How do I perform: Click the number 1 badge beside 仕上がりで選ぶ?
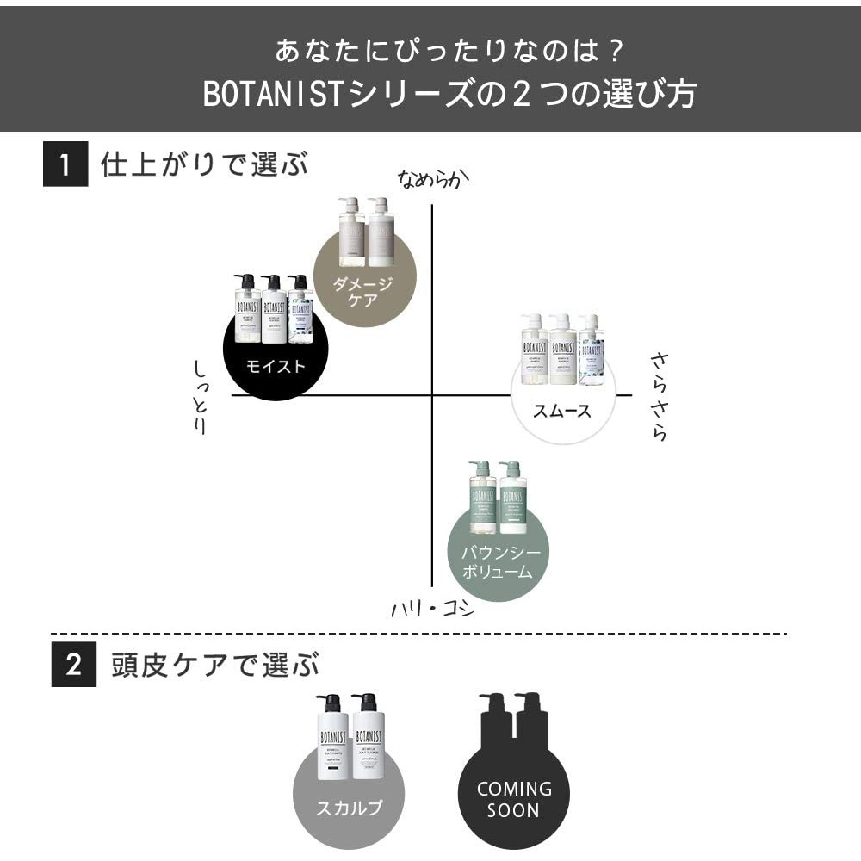coord(65,164)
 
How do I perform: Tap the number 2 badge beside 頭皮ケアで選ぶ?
coord(74,665)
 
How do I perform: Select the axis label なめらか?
coord(436,178)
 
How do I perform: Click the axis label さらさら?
coord(660,395)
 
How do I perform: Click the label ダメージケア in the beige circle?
coord(363,293)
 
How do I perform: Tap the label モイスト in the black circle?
coord(276,365)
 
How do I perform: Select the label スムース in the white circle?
coord(563,411)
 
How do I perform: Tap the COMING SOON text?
coord(514,799)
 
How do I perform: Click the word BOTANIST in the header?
coord(273,95)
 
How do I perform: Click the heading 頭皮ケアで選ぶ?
coord(215,665)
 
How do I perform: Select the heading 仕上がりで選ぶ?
coord(204,164)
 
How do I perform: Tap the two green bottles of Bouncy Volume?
coord(497,497)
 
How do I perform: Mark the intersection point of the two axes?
coord(431,395)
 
